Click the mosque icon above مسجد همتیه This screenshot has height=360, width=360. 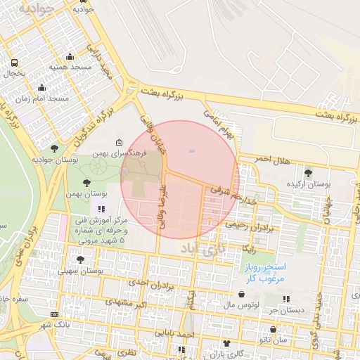(x=69, y=57)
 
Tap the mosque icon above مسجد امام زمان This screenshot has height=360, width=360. (x=42, y=89)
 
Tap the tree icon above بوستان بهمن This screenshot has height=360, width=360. (x=86, y=182)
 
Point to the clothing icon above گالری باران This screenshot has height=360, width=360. (x=226, y=343)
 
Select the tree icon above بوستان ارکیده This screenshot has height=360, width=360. (x=307, y=172)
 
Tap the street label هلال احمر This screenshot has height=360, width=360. (x=271, y=162)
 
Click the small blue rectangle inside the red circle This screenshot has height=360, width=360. (x=192, y=150)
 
